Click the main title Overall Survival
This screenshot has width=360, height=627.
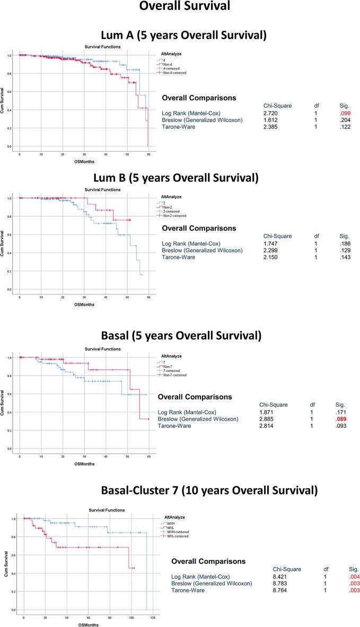point(180,10)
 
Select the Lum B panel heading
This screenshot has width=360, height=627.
point(180,178)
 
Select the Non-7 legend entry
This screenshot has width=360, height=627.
point(172,366)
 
